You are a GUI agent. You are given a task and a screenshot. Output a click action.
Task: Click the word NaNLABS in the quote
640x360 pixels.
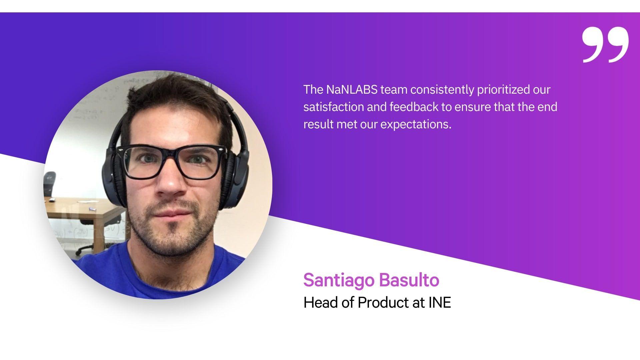(x=352, y=90)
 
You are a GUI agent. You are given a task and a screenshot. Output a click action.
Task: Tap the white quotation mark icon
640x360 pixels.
(x=605, y=45)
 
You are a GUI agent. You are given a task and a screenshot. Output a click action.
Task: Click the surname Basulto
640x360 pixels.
(x=409, y=280)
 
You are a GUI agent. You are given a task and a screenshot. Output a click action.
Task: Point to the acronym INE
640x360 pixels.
(x=440, y=303)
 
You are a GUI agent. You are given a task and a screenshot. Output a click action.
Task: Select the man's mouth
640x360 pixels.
(x=174, y=213)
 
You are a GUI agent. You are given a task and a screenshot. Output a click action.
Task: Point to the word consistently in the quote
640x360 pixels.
(x=442, y=90)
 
